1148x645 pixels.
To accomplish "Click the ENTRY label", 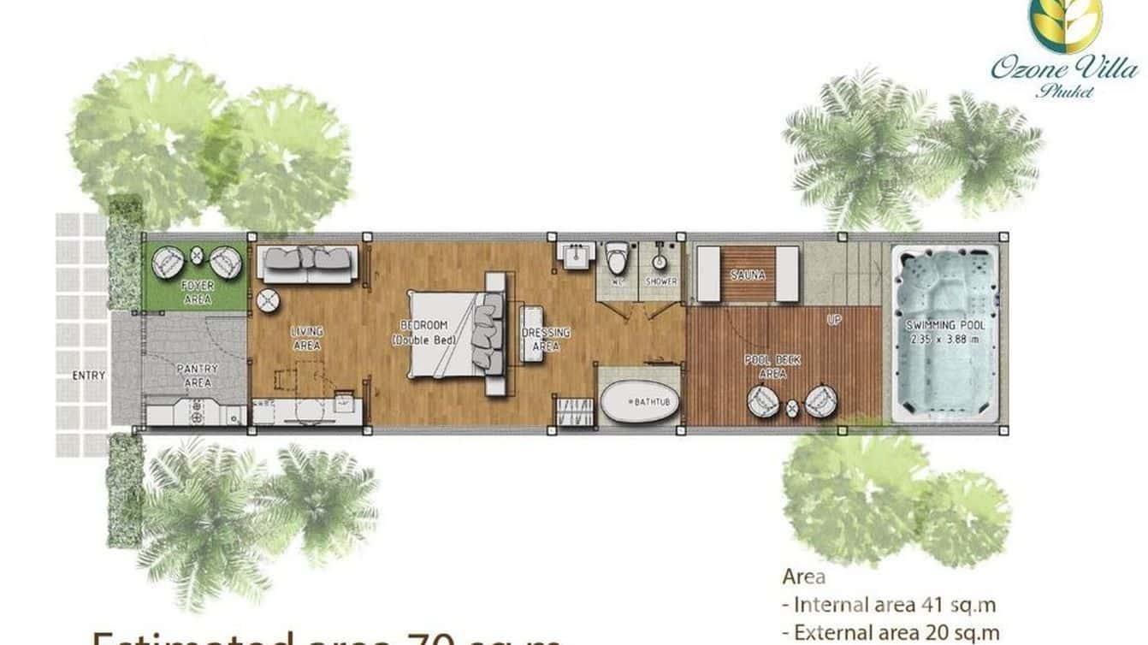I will point(89,375).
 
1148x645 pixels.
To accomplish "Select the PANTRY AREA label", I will point(198,375).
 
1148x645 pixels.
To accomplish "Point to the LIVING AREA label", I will point(306,338).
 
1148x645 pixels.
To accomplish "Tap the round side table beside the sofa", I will point(268,300).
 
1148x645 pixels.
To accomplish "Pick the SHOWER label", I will point(661,281).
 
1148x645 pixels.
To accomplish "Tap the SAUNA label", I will point(747,275).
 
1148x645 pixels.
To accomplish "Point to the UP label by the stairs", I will point(834,319).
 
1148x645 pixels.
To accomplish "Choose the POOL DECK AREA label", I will point(772,367).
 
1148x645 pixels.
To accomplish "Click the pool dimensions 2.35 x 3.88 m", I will point(945,338).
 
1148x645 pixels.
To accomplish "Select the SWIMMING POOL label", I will point(945,325).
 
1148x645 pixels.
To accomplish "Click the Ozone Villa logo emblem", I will point(1065,24).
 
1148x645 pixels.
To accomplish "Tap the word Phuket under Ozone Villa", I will point(1065,92).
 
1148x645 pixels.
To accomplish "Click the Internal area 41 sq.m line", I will point(890,605).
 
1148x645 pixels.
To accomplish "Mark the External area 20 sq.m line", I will point(891,632).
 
